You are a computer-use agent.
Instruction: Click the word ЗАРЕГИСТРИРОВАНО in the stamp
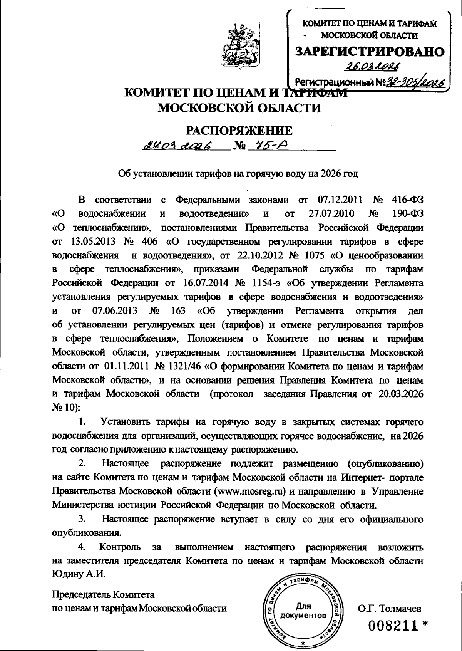(370, 51)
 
